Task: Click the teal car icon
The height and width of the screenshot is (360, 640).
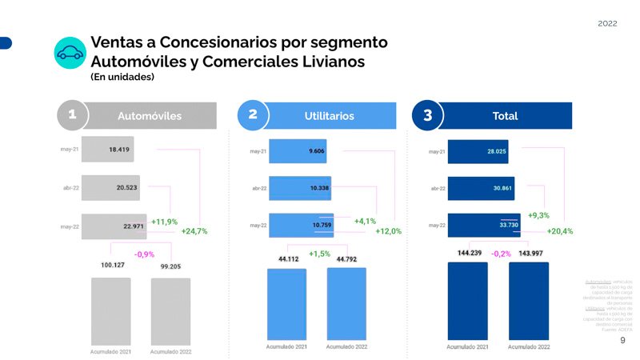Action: (70, 53)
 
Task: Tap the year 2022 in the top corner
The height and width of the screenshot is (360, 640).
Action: (607, 24)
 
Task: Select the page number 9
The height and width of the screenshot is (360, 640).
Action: (623, 340)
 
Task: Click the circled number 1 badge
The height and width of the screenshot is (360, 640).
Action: (72, 115)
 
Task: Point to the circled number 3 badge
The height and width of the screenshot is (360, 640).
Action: (427, 115)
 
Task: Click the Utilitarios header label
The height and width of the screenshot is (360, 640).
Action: (329, 116)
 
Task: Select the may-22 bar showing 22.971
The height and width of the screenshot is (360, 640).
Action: (113, 226)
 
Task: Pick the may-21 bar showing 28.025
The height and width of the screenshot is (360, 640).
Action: (478, 150)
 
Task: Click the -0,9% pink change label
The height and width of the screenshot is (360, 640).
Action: (144, 254)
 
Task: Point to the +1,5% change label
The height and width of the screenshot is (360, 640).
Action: (319, 254)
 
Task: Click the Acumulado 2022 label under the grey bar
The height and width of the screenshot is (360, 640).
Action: (170, 351)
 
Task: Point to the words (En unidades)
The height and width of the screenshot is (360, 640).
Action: (122, 77)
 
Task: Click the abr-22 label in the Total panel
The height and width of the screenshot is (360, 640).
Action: (437, 188)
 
